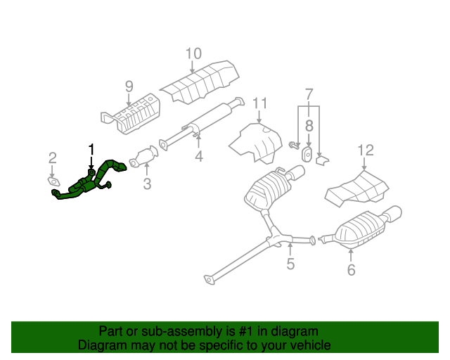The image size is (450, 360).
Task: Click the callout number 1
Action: tap(90, 148)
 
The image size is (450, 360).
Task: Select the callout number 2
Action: tap(52, 157)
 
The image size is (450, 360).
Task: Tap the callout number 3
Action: tap(147, 185)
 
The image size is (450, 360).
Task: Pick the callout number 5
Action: tap(290, 264)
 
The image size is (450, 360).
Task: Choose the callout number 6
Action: tap(351, 269)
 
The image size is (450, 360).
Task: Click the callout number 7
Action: tap(308, 94)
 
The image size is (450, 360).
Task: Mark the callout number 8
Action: tap(308, 126)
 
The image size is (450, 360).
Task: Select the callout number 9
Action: tap(129, 86)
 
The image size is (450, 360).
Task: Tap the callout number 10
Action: tap(193, 53)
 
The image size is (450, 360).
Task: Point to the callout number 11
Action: tap(260, 104)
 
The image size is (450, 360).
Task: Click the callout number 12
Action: tap(366, 150)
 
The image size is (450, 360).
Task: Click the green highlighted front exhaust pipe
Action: tap(88, 184)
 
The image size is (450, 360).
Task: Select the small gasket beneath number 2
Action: tap(54, 182)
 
